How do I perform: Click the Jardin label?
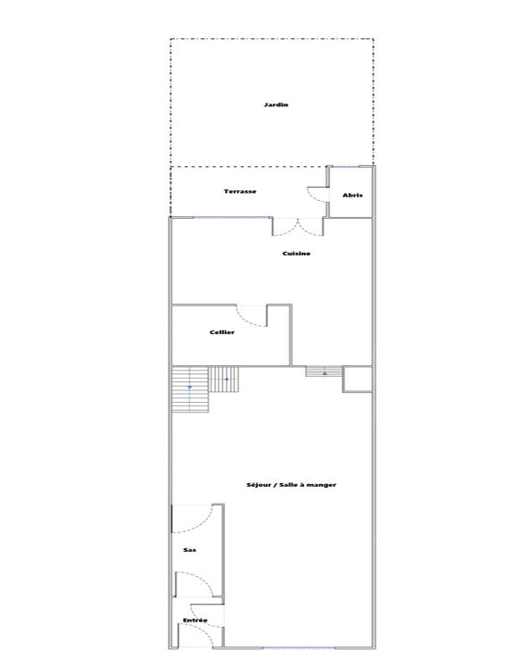click(x=276, y=104)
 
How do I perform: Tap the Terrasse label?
click(x=240, y=191)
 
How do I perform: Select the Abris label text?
click(x=352, y=195)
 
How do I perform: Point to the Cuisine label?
click(x=296, y=254)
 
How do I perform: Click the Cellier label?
click(x=222, y=332)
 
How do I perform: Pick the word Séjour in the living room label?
click(x=260, y=484)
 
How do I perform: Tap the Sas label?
click(x=189, y=550)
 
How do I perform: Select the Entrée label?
click(x=194, y=620)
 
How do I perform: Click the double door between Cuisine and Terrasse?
click(x=298, y=227)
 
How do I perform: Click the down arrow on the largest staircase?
click(x=190, y=388)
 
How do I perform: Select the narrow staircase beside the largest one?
click(x=226, y=380)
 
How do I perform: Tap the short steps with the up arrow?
click(x=324, y=372)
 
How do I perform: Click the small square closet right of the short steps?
click(x=357, y=379)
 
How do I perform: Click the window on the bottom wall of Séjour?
click(x=299, y=647)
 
